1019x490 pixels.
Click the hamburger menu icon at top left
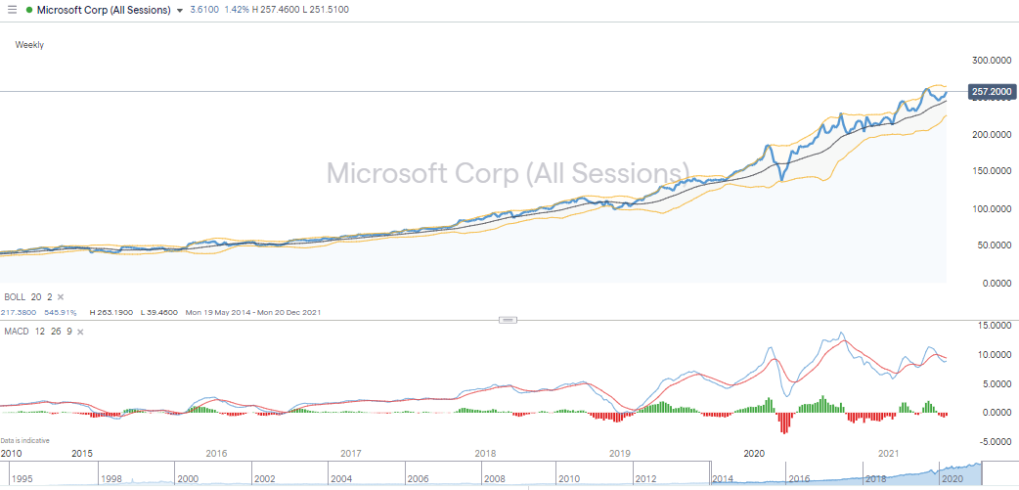(x=12, y=10)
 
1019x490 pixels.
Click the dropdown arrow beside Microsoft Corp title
(x=179, y=10)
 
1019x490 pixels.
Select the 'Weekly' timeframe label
(x=29, y=45)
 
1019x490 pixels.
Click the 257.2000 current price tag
(x=991, y=91)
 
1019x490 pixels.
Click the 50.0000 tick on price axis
(x=991, y=246)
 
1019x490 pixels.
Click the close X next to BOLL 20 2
(x=60, y=296)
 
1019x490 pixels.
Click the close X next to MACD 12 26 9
(x=82, y=333)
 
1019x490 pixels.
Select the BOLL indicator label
(x=15, y=296)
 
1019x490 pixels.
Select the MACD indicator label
(x=17, y=333)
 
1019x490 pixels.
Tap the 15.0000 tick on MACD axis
(x=992, y=326)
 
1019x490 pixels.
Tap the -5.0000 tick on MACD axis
(x=992, y=441)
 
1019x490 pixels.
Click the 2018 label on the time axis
(x=485, y=454)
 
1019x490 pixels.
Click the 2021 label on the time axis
(x=889, y=454)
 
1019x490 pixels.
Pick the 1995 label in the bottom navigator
(x=22, y=479)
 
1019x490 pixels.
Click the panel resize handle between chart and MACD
(x=508, y=320)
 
